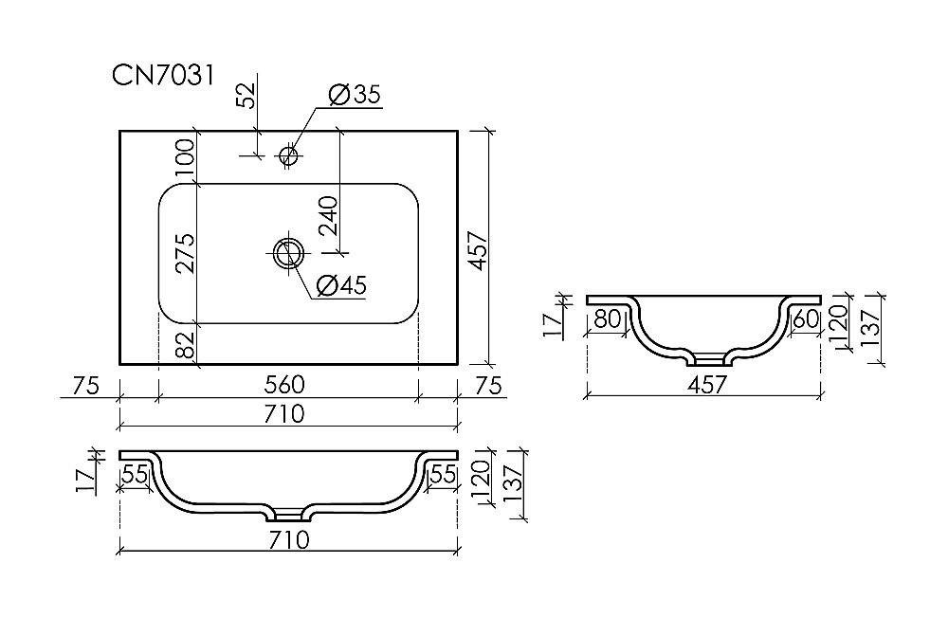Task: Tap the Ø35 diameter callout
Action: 354,94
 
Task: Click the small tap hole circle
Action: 289,154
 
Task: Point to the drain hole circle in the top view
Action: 288,252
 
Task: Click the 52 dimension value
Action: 246,96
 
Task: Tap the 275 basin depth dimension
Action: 185,253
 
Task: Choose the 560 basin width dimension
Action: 285,385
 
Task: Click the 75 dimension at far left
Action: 86,385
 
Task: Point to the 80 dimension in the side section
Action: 608,319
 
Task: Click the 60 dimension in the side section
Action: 804,319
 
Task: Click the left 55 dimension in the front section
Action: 137,475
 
